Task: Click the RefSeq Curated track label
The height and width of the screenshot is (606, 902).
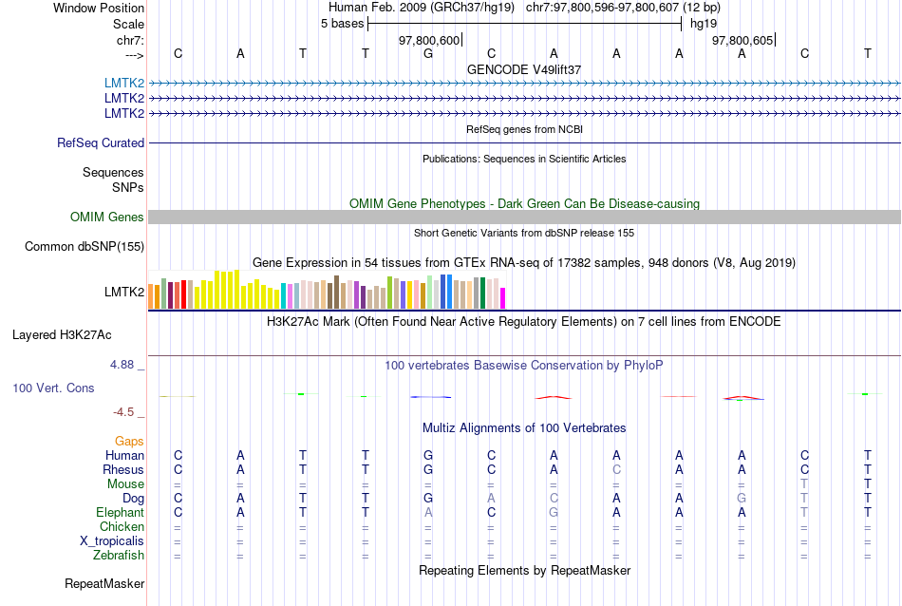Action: tap(101, 143)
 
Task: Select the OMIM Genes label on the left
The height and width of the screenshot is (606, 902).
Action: tap(107, 218)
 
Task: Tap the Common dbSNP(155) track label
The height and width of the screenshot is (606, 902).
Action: tap(85, 247)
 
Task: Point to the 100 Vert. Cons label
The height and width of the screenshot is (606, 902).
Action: tap(53, 388)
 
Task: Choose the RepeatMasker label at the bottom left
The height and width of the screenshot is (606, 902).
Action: tap(104, 583)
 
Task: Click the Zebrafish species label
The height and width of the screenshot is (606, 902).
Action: tap(120, 556)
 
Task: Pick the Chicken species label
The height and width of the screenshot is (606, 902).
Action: tap(122, 527)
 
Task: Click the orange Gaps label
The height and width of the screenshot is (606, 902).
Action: tap(129, 442)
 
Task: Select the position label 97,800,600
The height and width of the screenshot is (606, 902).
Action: tap(429, 40)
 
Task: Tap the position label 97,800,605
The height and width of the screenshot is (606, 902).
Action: tap(742, 40)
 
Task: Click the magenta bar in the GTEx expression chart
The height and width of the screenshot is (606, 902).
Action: tap(503, 297)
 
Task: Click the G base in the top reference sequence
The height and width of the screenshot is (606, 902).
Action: tap(428, 54)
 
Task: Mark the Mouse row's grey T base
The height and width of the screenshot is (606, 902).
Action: tap(804, 484)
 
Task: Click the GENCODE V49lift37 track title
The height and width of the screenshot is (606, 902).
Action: tap(524, 70)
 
